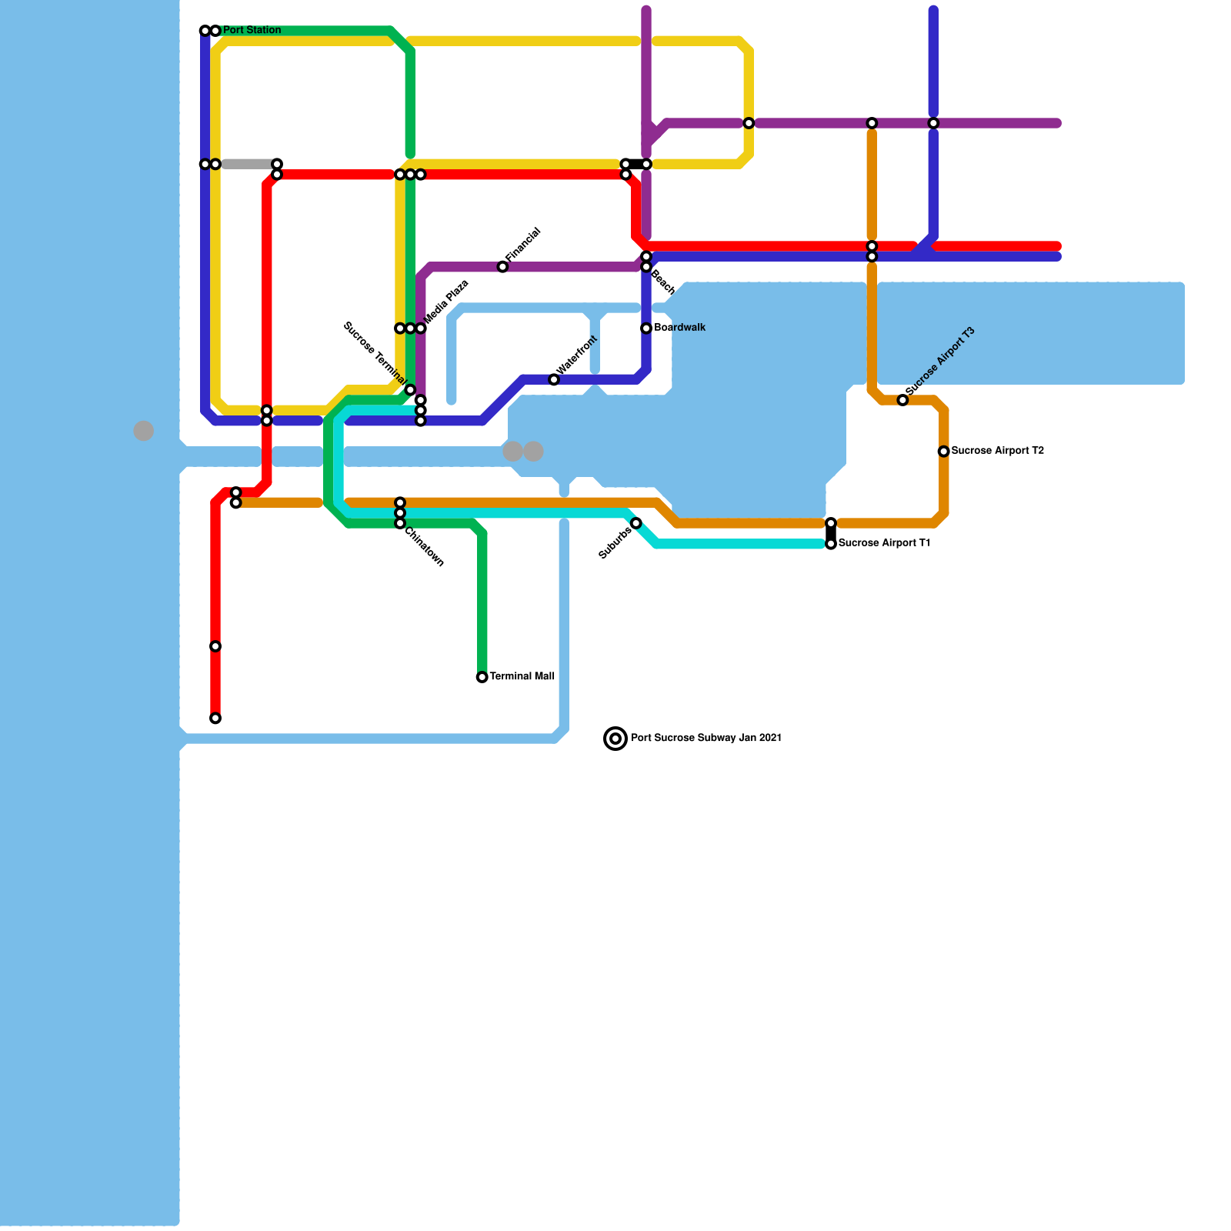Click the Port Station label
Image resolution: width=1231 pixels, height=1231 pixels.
click(x=252, y=31)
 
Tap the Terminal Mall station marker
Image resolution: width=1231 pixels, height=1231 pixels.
click(x=482, y=677)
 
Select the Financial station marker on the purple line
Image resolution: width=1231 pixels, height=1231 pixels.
click(x=502, y=267)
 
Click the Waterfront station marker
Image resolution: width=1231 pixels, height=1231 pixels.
click(x=554, y=380)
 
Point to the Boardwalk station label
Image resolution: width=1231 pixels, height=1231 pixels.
click(x=679, y=328)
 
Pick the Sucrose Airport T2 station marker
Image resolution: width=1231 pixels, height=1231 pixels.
click(x=943, y=452)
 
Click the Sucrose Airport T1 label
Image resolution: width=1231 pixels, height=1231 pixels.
click(x=884, y=543)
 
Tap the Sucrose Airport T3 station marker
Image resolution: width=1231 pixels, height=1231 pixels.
click(x=902, y=400)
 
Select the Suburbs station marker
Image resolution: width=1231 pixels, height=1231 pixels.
click(x=636, y=523)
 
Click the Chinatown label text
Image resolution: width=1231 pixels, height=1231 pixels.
click(x=424, y=547)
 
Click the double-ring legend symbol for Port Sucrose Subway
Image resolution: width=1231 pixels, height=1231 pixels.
click(x=615, y=739)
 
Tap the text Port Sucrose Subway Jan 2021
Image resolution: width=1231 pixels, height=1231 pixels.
click(x=706, y=739)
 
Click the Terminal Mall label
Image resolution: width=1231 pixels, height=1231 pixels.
click(x=522, y=677)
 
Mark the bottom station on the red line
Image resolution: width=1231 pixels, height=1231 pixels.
click(x=215, y=719)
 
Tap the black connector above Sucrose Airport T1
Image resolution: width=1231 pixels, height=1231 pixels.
click(x=831, y=533)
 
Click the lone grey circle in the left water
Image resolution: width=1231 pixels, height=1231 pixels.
click(x=144, y=431)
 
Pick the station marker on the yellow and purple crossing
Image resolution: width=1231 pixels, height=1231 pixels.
click(x=749, y=123)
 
